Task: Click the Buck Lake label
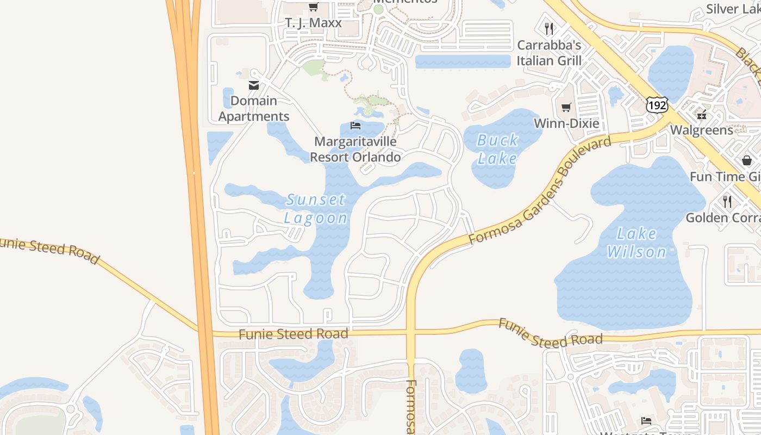point(497,149)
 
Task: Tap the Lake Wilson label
point(637,243)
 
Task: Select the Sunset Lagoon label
point(316,209)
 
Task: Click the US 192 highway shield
point(657,105)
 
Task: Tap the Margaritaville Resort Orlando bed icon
point(355,126)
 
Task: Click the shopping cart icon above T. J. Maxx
point(313,7)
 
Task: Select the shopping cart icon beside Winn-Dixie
point(566,107)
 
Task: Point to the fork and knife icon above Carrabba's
point(549,28)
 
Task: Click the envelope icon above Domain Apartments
point(254,85)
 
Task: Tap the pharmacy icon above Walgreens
point(702,115)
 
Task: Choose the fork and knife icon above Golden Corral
point(727,202)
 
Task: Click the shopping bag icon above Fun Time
point(747,160)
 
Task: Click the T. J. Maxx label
point(314,23)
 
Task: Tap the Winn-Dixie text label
point(566,123)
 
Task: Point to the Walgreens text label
point(701,130)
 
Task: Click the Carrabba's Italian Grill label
point(549,53)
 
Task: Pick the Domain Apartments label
point(254,108)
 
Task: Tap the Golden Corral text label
point(723,218)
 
